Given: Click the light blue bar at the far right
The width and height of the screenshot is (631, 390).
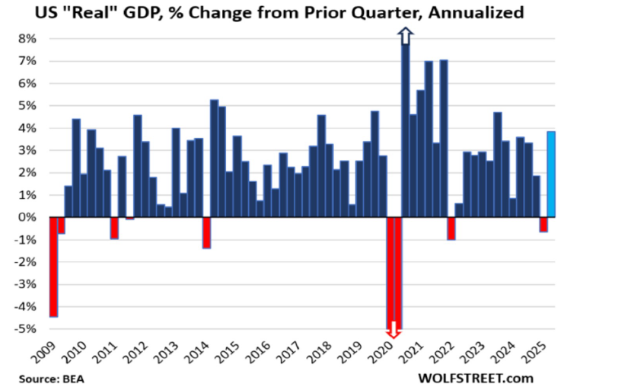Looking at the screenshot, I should click(x=551, y=174).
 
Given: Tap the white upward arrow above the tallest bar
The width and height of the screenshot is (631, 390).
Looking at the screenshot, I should click(x=405, y=36).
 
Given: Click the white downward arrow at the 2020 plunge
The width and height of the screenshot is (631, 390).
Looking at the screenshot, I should click(x=394, y=330).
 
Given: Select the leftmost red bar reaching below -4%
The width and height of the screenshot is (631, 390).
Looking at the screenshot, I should click(x=53, y=267).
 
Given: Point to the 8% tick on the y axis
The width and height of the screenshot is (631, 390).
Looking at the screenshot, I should click(x=27, y=39).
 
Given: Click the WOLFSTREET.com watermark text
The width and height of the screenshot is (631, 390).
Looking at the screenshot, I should click(x=476, y=378).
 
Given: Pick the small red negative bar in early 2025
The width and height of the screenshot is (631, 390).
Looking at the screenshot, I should click(x=543, y=225).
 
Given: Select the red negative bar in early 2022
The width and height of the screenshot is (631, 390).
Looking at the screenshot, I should click(x=451, y=229).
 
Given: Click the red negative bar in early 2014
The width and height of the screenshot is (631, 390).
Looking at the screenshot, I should click(x=206, y=233).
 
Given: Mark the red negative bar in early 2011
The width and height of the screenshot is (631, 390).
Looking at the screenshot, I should click(x=114, y=229).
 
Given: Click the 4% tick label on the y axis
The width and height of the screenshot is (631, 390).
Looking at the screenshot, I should click(x=27, y=129).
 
